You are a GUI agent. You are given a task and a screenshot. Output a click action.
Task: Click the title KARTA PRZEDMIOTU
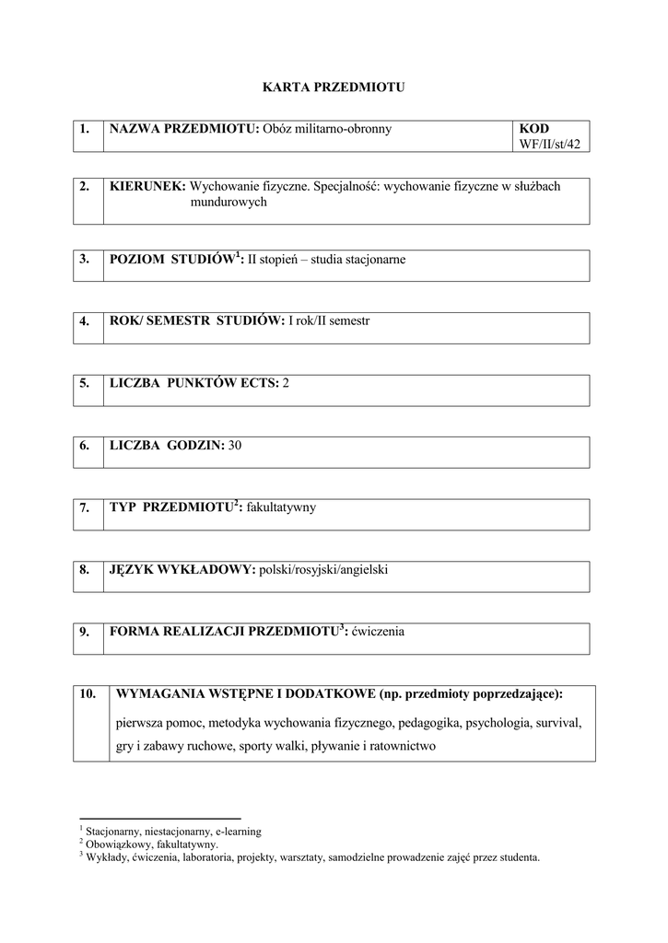[x=334, y=87]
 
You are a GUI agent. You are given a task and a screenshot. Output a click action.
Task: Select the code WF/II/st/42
[x=550, y=144]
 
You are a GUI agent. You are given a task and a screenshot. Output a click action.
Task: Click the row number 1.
[x=84, y=129]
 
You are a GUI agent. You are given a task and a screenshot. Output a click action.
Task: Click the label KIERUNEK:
[x=147, y=186]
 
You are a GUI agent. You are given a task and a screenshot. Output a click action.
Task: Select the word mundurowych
[x=229, y=202]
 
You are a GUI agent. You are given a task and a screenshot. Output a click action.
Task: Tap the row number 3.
[x=84, y=260]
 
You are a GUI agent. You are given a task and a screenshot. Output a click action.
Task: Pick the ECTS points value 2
[x=286, y=382]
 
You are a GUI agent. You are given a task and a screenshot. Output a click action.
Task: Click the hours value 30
[x=234, y=445]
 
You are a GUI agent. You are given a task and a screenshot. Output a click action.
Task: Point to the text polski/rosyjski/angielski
[x=323, y=570]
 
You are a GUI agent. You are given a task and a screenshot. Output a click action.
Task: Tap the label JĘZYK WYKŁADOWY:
[x=182, y=570]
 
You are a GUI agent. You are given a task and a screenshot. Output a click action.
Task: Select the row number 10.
[x=88, y=694]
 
